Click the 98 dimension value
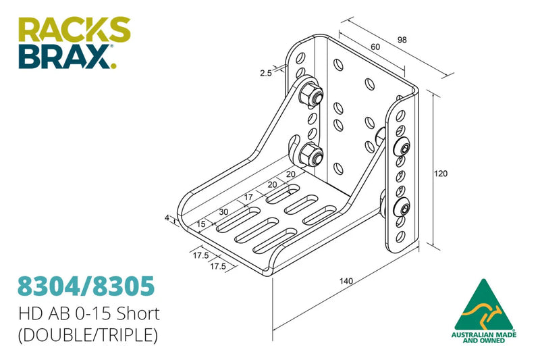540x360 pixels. point(402,41)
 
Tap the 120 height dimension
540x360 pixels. point(440,174)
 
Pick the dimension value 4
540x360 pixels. point(167,217)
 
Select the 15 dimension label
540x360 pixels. point(201,224)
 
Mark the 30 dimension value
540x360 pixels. point(223,211)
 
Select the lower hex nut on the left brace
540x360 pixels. point(310,156)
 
